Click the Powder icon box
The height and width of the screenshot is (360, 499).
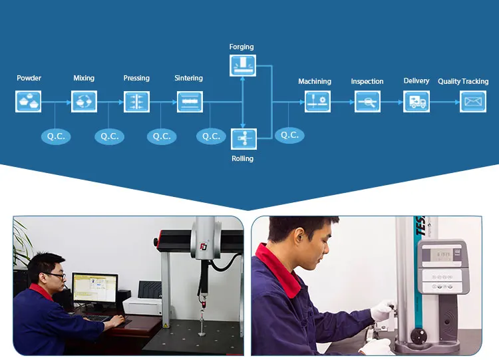coord(29,101)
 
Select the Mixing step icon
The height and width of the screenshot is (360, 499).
coord(84,101)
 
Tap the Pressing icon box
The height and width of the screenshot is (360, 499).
coord(136,101)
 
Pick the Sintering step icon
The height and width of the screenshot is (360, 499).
coord(190,101)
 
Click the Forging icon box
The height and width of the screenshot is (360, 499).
coord(242,65)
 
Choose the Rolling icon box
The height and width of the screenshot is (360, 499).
coord(243,138)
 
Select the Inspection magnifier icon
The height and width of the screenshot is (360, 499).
coord(367,102)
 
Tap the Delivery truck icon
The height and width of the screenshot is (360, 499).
coord(417,102)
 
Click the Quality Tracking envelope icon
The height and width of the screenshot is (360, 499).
coord(473,102)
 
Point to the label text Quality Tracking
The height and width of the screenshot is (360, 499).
coord(463,81)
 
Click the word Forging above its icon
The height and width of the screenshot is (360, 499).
coord(242,47)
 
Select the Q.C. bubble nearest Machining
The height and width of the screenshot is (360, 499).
coord(289,134)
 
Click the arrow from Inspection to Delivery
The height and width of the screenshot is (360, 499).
coord(392,102)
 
